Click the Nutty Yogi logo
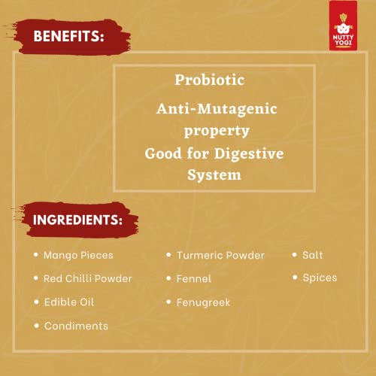(x=343, y=26)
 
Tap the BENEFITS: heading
(x=68, y=36)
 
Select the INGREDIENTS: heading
(x=77, y=220)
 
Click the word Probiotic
(x=210, y=80)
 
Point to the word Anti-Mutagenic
(x=217, y=109)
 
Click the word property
(x=217, y=131)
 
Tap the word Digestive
(x=249, y=153)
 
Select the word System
(x=214, y=175)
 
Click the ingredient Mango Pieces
(x=78, y=256)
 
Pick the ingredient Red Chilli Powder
(x=88, y=278)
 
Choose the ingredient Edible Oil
(x=69, y=302)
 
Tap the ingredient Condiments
(x=76, y=326)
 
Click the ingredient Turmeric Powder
(x=220, y=256)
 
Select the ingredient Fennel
(x=194, y=279)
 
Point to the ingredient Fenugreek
(x=203, y=302)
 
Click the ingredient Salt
(x=313, y=255)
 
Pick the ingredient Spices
(x=320, y=277)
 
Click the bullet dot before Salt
(x=295, y=255)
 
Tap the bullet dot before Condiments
(x=37, y=326)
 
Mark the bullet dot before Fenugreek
(x=168, y=302)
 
